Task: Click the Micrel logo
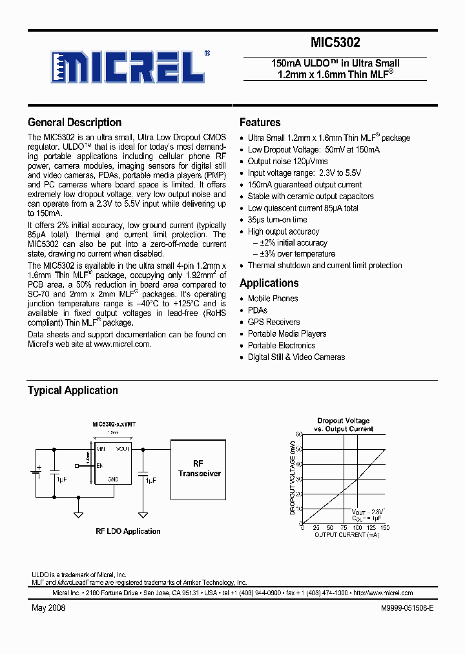[129, 65]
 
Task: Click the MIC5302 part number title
[335, 43]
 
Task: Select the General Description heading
[74, 122]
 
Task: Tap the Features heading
[260, 122]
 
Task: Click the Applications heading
[269, 283]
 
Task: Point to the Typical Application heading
[72, 390]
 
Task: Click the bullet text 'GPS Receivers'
[274, 322]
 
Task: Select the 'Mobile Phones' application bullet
[273, 299]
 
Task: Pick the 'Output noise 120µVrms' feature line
[287, 162]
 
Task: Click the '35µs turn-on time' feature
[277, 220]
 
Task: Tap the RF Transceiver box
[199, 469]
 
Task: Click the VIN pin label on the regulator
[101, 448]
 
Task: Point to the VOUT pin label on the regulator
[123, 448]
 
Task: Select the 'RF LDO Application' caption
[128, 531]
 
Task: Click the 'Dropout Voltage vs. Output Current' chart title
[343, 425]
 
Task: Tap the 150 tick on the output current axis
[386, 528]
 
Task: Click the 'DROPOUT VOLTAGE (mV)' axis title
[292, 479]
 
